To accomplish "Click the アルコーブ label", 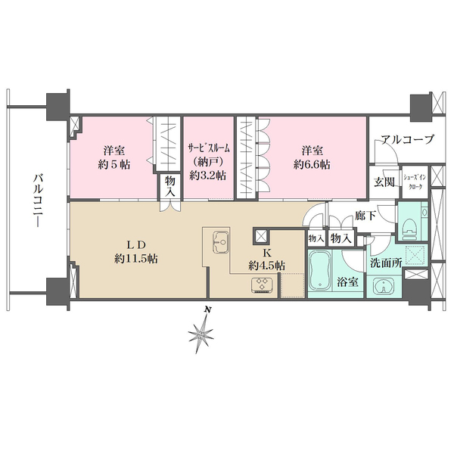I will [x=407, y=138].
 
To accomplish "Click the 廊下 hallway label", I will [x=365, y=216].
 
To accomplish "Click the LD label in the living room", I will [x=135, y=244].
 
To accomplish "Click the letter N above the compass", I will [x=205, y=310].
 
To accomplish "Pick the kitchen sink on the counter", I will [x=221, y=243].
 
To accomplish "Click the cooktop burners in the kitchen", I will [x=265, y=285].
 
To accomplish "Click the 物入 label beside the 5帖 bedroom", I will [x=170, y=187].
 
